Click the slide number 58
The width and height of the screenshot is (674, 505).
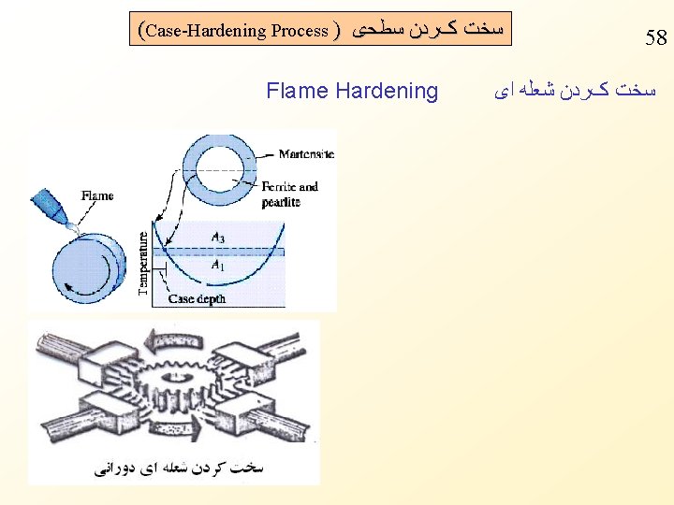pos(655,39)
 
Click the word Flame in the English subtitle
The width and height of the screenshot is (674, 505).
pos(298,91)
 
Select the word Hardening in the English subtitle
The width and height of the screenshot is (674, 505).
pos(387,91)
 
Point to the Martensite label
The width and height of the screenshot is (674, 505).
pos(306,153)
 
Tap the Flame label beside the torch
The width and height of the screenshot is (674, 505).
pos(97,196)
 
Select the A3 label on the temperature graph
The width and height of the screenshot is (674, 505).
pos(217,238)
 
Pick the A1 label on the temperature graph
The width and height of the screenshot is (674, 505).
pos(217,266)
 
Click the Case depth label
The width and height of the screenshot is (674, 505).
pos(197,299)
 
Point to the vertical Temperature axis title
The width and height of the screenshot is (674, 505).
pos(143,264)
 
